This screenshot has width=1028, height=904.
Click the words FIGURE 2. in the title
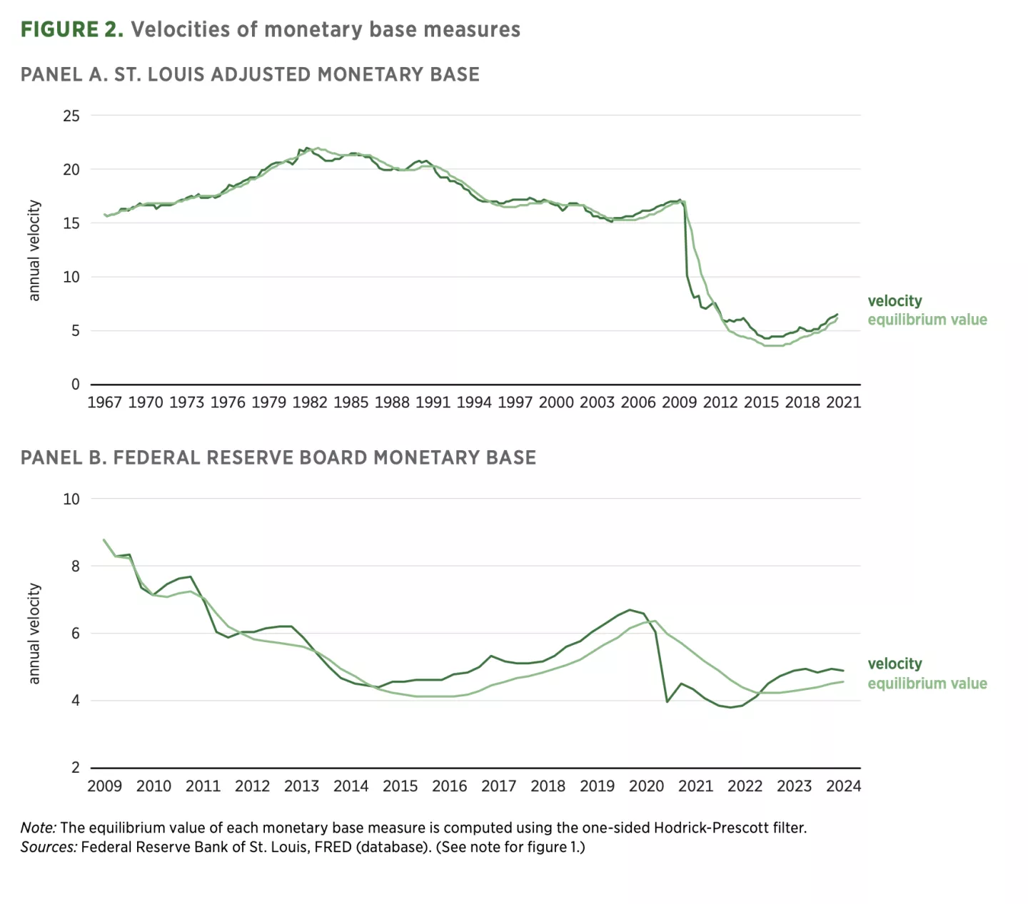pyautogui.click(x=72, y=29)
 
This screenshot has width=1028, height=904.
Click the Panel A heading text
pyautogui.click(x=250, y=74)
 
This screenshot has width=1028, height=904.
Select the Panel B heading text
pyautogui.click(x=278, y=457)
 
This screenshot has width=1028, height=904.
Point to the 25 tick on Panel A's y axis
pyautogui.click(x=71, y=116)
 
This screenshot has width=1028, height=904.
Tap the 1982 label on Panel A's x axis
pyautogui.click(x=310, y=402)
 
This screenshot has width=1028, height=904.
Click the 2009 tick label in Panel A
pyautogui.click(x=679, y=402)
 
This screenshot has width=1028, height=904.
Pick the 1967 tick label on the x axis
pyautogui.click(x=104, y=402)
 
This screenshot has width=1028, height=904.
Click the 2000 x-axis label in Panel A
pyautogui.click(x=556, y=402)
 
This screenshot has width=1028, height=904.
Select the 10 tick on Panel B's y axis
pyautogui.click(x=71, y=499)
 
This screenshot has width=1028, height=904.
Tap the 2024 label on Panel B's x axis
pyautogui.click(x=843, y=786)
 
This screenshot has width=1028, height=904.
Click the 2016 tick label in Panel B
pyautogui.click(x=449, y=786)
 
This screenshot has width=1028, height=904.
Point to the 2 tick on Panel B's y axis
pyautogui.click(x=76, y=768)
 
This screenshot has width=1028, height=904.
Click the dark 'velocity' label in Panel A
pyautogui.click(x=895, y=301)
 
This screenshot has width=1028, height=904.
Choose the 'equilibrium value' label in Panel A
pyautogui.click(x=927, y=320)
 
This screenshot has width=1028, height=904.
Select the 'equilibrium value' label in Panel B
pyautogui.click(x=927, y=684)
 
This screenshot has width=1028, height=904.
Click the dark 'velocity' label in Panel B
pyautogui.click(x=895, y=664)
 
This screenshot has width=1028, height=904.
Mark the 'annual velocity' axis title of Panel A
pyautogui.click(x=34, y=250)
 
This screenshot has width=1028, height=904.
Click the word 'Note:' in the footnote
pyautogui.click(x=38, y=828)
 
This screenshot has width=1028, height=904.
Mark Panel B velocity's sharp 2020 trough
pyautogui.click(x=667, y=702)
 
